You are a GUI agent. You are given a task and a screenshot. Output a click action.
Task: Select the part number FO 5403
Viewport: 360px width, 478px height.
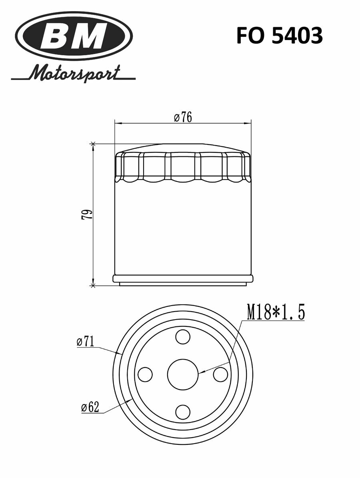(x=280, y=35)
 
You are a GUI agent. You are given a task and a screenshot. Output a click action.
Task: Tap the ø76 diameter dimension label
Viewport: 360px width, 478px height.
(x=183, y=117)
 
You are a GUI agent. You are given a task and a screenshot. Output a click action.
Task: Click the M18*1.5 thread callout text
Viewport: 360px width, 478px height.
(x=276, y=312)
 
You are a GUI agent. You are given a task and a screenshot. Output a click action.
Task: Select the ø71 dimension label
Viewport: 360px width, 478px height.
(x=85, y=342)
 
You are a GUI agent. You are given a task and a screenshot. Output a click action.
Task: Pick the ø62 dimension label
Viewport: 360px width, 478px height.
(x=90, y=407)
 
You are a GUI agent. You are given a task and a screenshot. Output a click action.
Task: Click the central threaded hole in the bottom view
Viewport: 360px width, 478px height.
(x=183, y=374)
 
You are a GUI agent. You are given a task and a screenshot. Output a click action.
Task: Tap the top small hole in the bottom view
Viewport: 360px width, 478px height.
(x=183, y=337)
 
